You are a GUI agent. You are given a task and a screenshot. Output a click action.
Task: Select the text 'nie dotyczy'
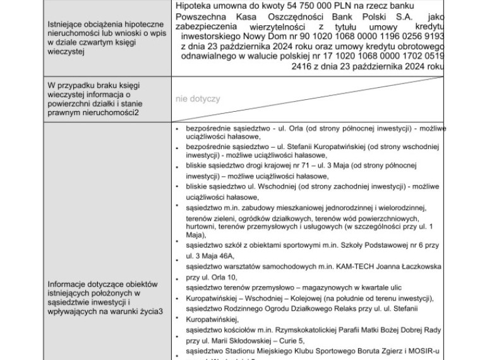point(198,99)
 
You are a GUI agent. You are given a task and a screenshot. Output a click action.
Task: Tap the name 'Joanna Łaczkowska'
point(409,267)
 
